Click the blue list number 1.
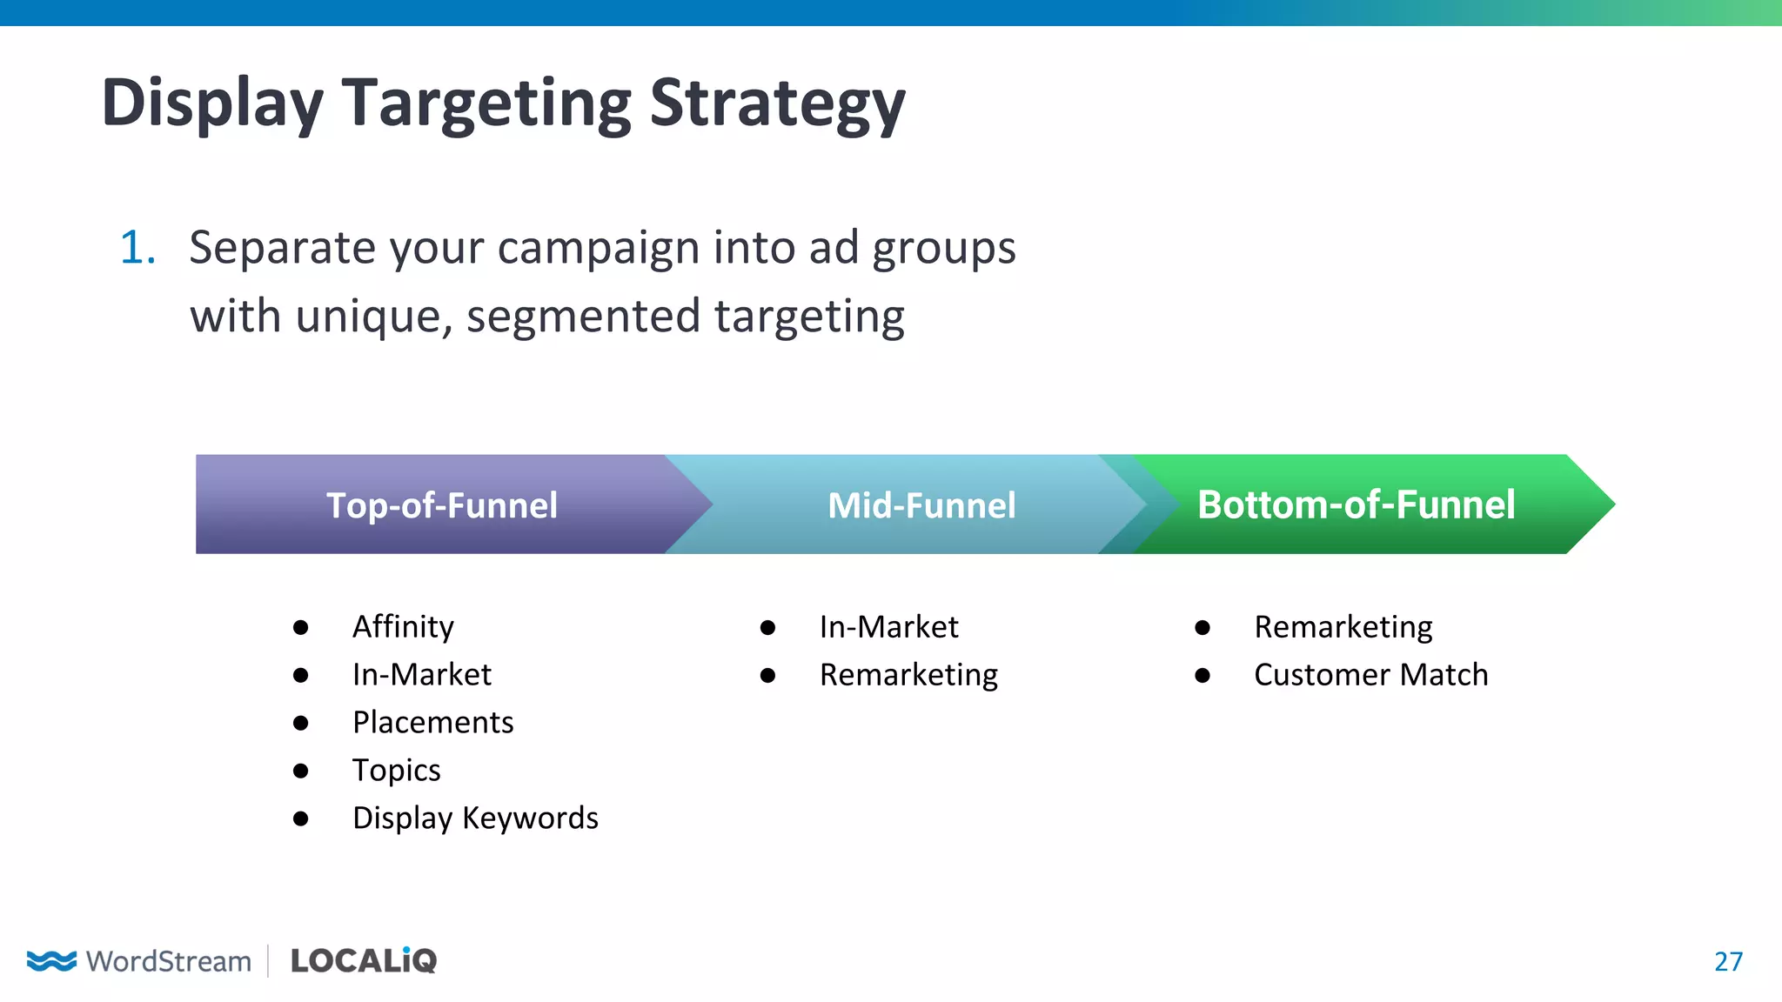(x=137, y=248)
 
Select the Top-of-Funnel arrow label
(x=441, y=505)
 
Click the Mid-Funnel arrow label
(x=921, y=505)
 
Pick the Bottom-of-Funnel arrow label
(x=1356, y=505)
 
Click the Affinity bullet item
(x=403, y=627)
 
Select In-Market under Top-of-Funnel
(x=421, y=675)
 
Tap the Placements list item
(x=432, y=723)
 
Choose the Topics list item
(x=396, y=771)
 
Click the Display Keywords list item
(x=475, y=818)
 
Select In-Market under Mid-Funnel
(x=888, y=627)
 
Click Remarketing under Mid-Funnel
(x=908, y=675)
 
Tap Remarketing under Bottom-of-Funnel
(x=1343, y=627)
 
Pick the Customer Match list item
(x=1370, y=675)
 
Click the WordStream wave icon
(x=51, y=960)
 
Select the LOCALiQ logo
(x=363, y=960)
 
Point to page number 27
(x=1728, y=961)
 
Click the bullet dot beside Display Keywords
(x=301, y=818)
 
